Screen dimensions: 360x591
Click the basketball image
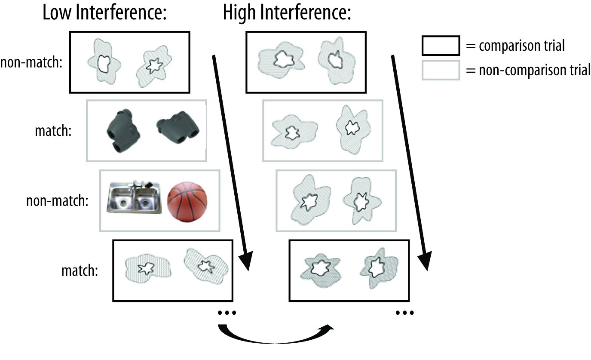click(187, 202)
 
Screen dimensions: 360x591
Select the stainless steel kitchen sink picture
click(134, 197)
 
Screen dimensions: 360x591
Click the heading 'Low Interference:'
click(104, 14)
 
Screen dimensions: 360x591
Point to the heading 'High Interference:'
click(287, 14)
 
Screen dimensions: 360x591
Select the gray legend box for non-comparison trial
click(440, 70)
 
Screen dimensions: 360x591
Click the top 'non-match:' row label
click(32, 63)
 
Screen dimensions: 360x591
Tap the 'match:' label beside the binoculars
click(53, 130)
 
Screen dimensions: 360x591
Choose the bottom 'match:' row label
click(80, 271)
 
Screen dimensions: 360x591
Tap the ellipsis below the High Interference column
click(405, 313)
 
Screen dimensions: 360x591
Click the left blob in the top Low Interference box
click(104, 62)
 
